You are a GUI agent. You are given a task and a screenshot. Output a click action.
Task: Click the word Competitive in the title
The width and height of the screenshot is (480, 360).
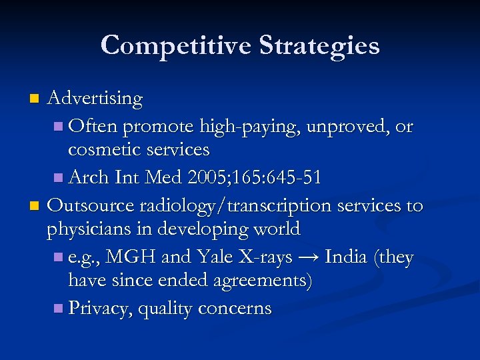(175, 45)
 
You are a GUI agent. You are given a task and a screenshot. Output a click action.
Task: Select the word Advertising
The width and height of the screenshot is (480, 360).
(95, 99)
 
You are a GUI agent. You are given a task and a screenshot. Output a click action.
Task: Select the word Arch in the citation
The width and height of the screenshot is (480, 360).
(89, 177)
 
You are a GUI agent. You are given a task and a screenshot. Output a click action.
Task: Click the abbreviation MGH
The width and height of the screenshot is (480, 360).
(133, 257)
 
